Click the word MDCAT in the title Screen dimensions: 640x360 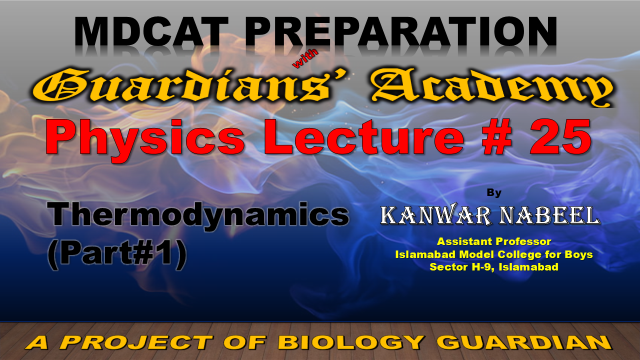click(x=151, y=32)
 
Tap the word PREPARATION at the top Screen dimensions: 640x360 click(x=401, y=32)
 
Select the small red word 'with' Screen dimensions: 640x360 click(x=305, y=58)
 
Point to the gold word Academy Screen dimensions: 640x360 click(x=492, y=88)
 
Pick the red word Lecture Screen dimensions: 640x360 click(x=364, y=137)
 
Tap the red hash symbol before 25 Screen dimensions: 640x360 click(x=497, y=137)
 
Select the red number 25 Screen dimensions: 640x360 click(x=560, y=137)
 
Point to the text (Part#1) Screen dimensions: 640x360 click(x=117, y=253)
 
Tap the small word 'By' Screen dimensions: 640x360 click(x=494, y=193)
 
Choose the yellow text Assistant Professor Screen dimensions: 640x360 click(x=494, y=242)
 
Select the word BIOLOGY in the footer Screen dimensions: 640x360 click(x=351, y=342)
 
